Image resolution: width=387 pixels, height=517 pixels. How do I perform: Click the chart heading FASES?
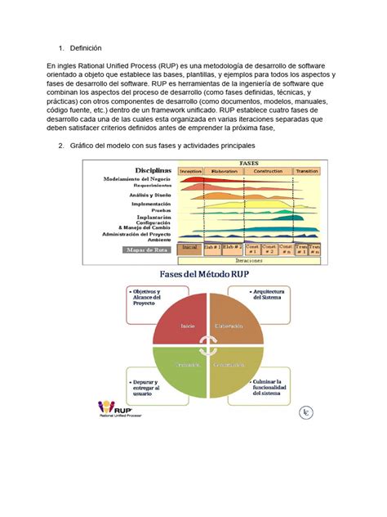(x=250, y=163)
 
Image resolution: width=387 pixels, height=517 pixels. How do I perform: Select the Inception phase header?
(x=190, y=172)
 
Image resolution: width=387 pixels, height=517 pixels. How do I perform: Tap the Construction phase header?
(x=266, y=172)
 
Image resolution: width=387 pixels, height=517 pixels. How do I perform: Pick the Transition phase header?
(x=308, y=172)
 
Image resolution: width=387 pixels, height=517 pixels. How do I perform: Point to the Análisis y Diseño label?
(x=144, y=196)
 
